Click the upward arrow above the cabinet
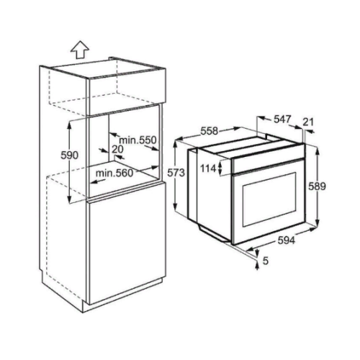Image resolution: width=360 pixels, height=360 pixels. [80, 50]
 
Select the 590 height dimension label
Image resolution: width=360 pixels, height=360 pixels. [69, 156]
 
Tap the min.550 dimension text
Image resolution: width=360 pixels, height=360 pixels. [138, 140]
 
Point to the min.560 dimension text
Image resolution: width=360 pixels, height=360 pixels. [114, 173]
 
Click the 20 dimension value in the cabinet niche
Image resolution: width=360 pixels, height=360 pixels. [117, 149]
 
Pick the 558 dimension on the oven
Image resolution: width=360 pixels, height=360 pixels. [210, 131]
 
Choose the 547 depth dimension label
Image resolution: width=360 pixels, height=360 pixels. [282, 120]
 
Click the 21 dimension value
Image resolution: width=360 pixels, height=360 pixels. [308, 122]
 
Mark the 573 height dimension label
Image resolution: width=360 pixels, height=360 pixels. [176, 173]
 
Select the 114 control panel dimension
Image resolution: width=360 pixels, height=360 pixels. [208, 168]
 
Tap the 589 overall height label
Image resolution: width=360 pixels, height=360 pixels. [317, 186]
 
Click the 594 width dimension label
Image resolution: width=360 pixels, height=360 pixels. [287, 240]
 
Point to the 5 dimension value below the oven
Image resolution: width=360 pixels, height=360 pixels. [265, 261]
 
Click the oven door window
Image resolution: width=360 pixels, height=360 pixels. [270, 199]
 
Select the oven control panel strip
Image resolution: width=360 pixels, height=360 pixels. [269, 158]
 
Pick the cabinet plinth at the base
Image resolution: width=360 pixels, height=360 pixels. [122, 296]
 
